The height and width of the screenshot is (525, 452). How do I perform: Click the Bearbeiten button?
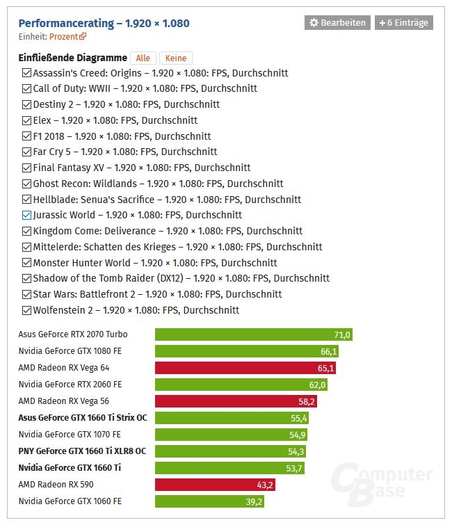[x=337, y=23]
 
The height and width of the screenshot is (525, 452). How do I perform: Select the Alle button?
[x=143, y=58]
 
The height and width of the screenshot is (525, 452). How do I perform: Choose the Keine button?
[x=176, y=58]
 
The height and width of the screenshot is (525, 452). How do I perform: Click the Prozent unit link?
[x=67, y=36]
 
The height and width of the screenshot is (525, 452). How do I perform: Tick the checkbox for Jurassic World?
[x=26, y=215]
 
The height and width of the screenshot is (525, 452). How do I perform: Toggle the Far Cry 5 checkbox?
[x=26, y=152]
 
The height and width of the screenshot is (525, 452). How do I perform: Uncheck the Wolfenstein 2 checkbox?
[x=26, y=310]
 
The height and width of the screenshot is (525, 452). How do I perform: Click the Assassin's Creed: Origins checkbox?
[x=26, y=72]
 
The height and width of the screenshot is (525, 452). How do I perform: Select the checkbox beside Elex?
[x=26, y=120]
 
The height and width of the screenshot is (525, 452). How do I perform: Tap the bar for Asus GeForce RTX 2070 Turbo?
[x=253, y=334]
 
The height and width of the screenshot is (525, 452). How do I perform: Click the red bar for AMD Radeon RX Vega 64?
[x=245, y=368]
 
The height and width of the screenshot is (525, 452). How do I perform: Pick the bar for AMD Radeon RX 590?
[x=215, y=485]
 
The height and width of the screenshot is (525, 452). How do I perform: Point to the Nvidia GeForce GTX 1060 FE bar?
[x=209, y=501]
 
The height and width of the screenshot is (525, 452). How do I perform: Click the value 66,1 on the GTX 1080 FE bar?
[x=328, y=351]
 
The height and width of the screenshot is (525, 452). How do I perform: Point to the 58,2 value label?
[x=307, y=401]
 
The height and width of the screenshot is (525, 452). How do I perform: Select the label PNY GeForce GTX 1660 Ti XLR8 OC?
[x=82, y=451]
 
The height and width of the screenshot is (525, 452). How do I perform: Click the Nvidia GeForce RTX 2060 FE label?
[x=70, y=385]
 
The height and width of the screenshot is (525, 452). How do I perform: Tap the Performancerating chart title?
[x=104, y=23]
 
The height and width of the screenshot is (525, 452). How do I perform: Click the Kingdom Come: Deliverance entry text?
[x=168, y=231]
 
